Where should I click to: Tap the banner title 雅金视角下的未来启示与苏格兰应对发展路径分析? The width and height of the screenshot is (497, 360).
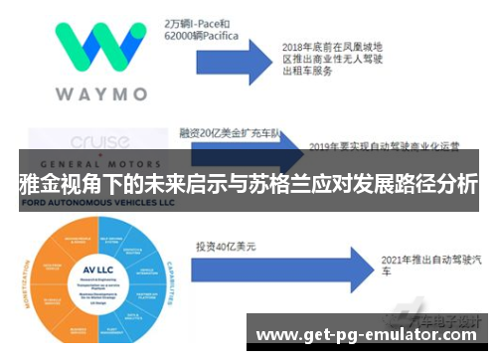point(248,185)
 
